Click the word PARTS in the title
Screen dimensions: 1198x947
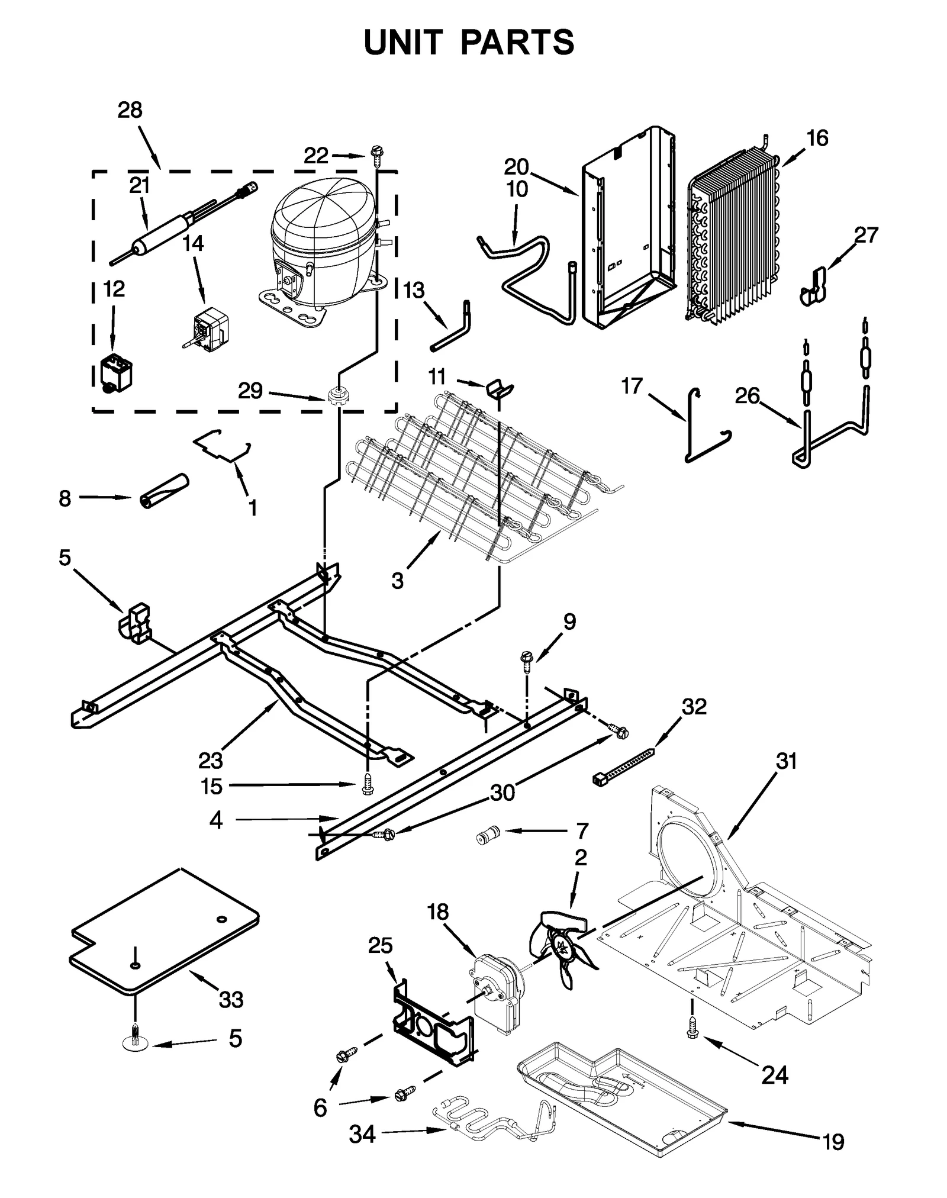tap(517, 43)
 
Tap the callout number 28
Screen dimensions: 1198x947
tap(130, 110)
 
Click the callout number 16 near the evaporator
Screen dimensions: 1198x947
tap(817, 138)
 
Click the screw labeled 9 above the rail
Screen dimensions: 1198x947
tap(526, 659)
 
